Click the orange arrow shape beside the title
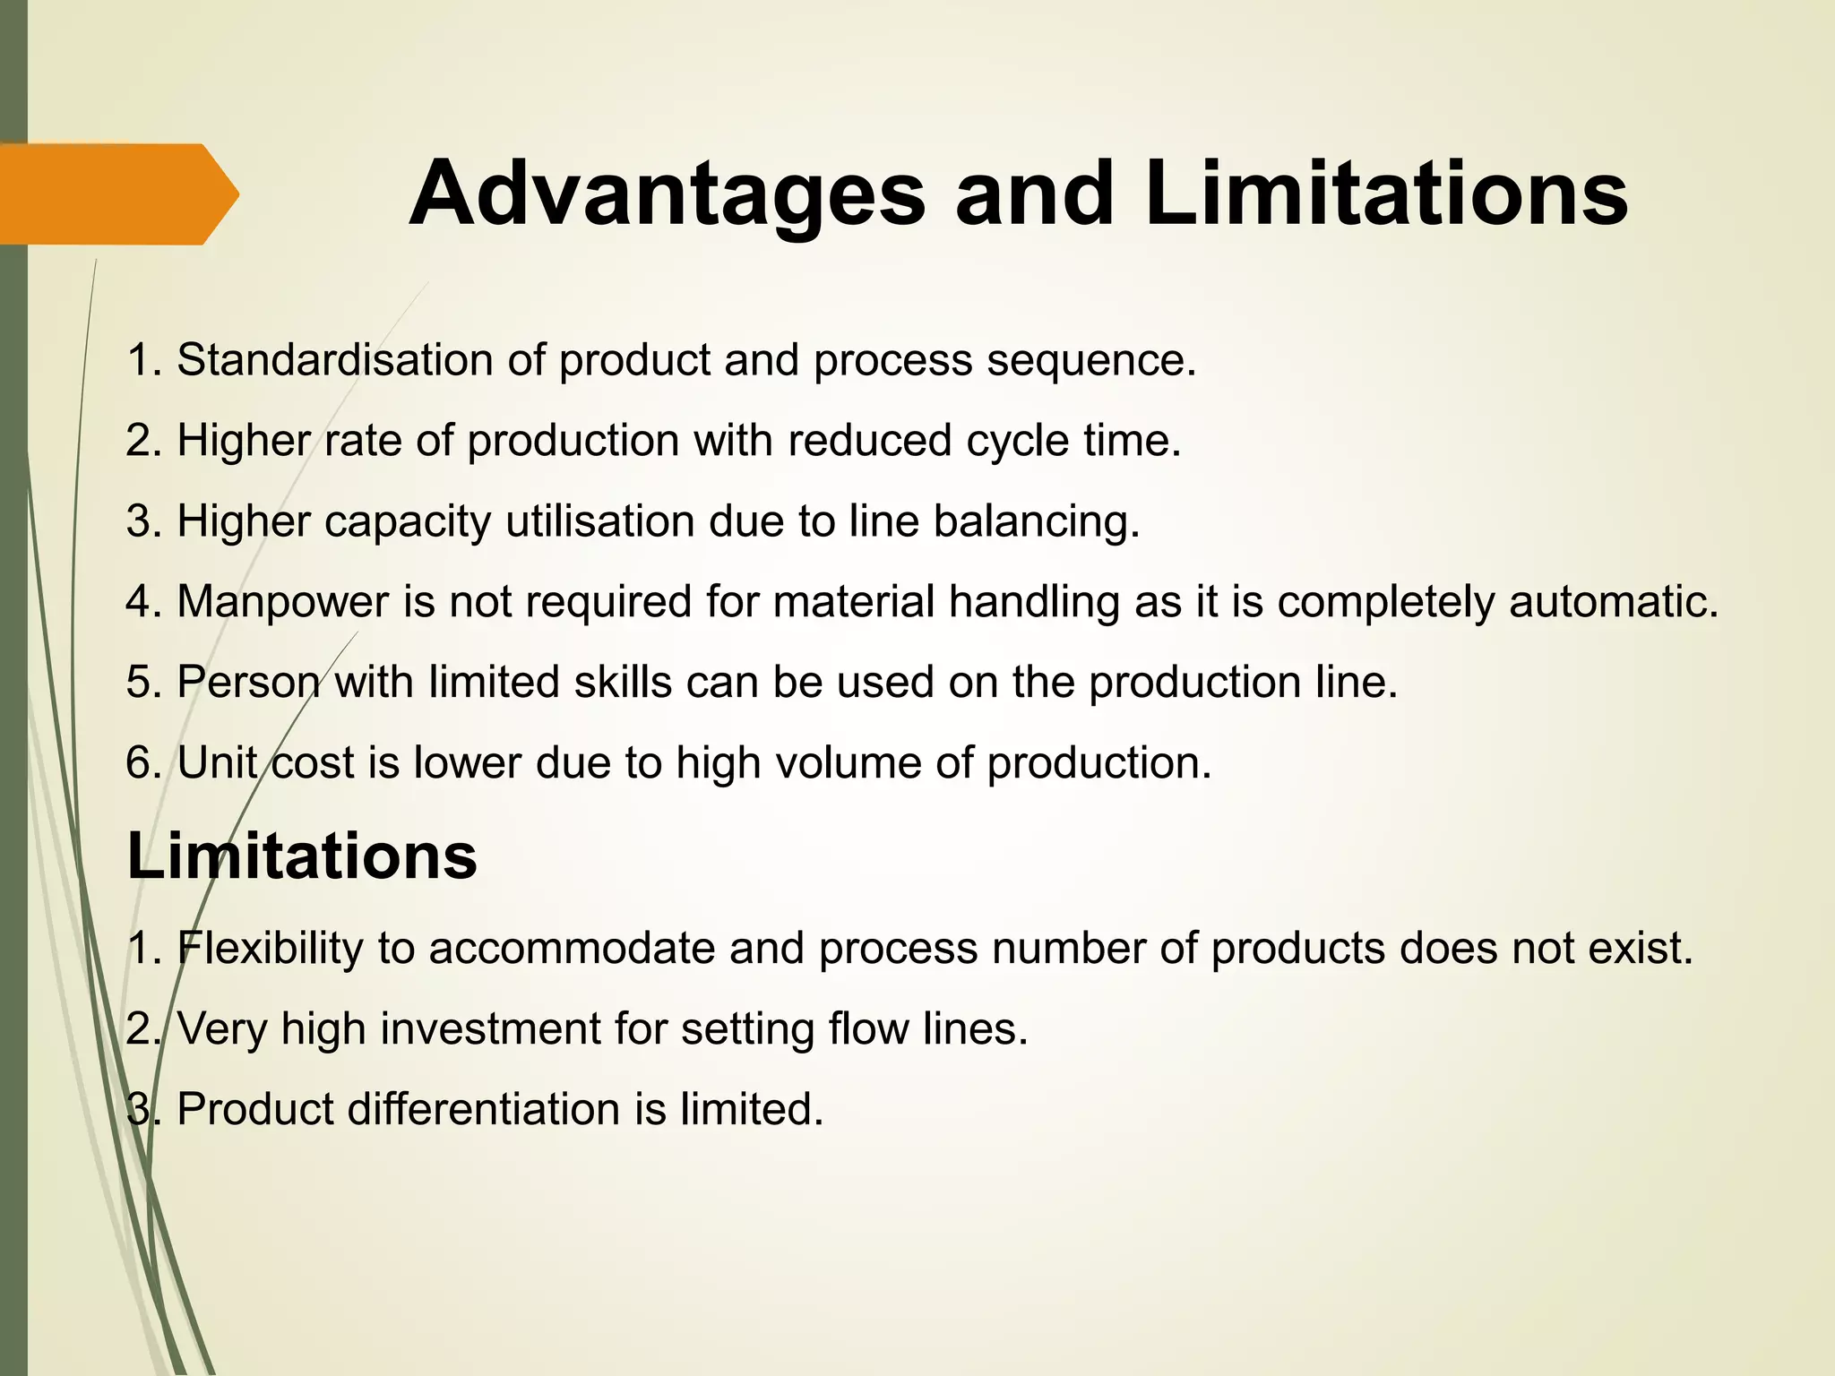point(116,193)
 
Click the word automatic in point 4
point(1614,602)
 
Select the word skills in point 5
point(623,683)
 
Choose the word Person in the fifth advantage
point(248,683)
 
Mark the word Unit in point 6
point(217,763)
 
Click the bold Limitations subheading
point(302,856)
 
